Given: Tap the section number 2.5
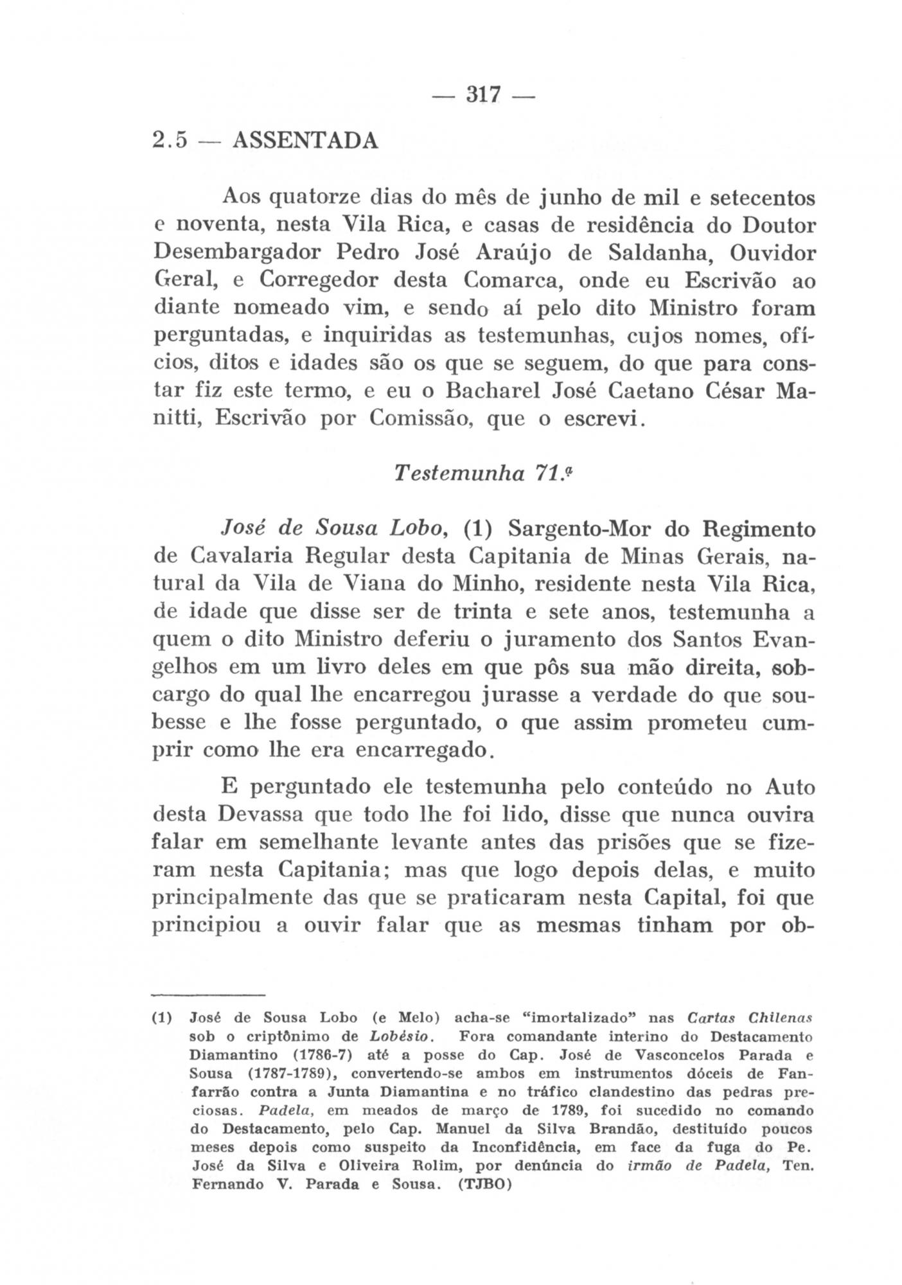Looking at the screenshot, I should coord(170,139).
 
